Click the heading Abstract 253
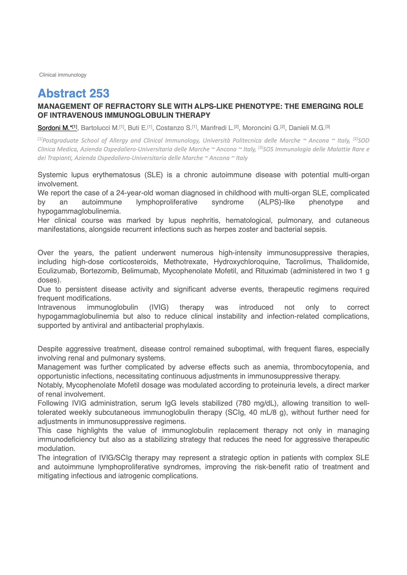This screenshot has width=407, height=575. click(73, 93)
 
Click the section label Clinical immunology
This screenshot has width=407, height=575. click(63, 75)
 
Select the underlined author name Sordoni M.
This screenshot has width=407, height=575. click(54, 128)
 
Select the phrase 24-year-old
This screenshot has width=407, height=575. click(135, 193)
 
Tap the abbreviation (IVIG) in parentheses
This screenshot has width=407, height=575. click(159, 307)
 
